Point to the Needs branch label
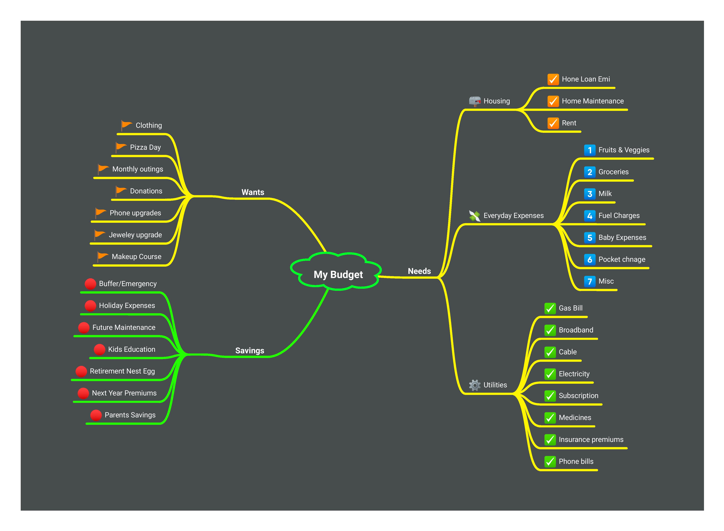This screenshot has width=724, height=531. point(419,271)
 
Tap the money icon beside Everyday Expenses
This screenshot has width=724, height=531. point(474,216)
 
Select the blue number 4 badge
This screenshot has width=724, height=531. point(589,216)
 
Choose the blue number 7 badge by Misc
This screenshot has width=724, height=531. point(589,281)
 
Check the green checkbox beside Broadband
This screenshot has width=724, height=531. point(550,330)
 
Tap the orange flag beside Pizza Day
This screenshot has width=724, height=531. point(121,147)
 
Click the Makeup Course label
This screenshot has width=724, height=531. point(136,256)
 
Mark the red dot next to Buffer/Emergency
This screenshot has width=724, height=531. point(90,284)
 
